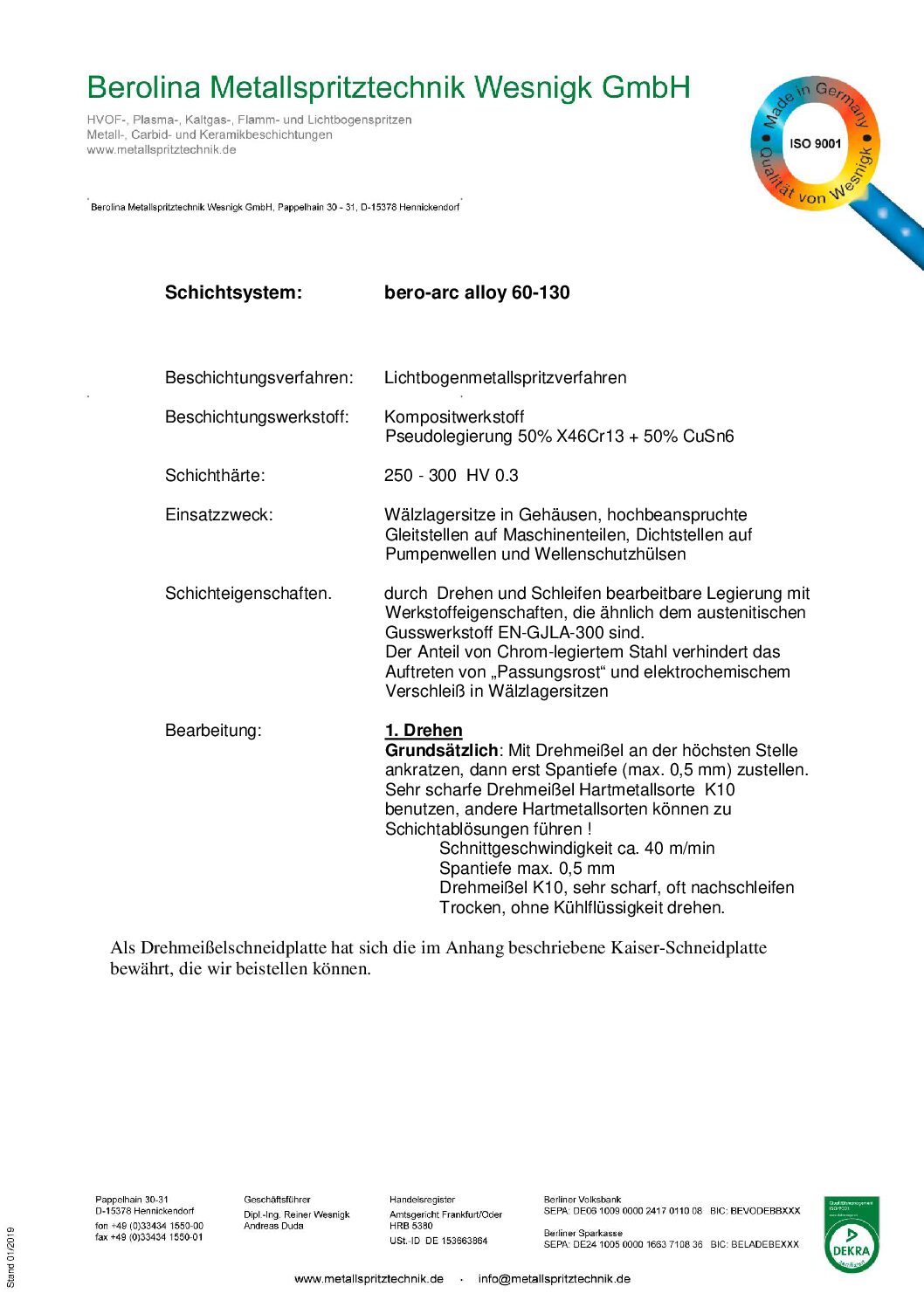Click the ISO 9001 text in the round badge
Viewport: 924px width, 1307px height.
(x=815, y=144)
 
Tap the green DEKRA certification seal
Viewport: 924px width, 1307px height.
(x=852, y=1235)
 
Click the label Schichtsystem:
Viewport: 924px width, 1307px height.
(x=233, y=292)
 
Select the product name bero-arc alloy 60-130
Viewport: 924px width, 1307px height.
(x=477, y=292)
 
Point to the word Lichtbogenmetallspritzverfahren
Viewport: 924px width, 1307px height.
(x=505, y=378)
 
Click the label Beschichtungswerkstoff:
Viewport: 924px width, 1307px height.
(x=257, y=417)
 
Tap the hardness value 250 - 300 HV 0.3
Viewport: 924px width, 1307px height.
(x=451, y=476)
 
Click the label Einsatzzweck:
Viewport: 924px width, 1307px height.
(x=218, y=515)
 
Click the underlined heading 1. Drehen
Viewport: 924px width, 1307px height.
(x=424, y=731)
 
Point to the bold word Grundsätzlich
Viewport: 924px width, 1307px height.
(x=441, y=751)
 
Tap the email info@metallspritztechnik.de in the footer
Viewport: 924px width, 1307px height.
(x=554, y=1279)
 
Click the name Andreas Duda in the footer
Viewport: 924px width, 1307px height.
(x=273, y=1226)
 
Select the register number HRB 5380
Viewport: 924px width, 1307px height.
(x=410, y=1226)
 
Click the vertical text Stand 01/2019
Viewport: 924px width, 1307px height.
(x=11, y=1257)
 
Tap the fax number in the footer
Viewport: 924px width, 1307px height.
(x=148, y=1237)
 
